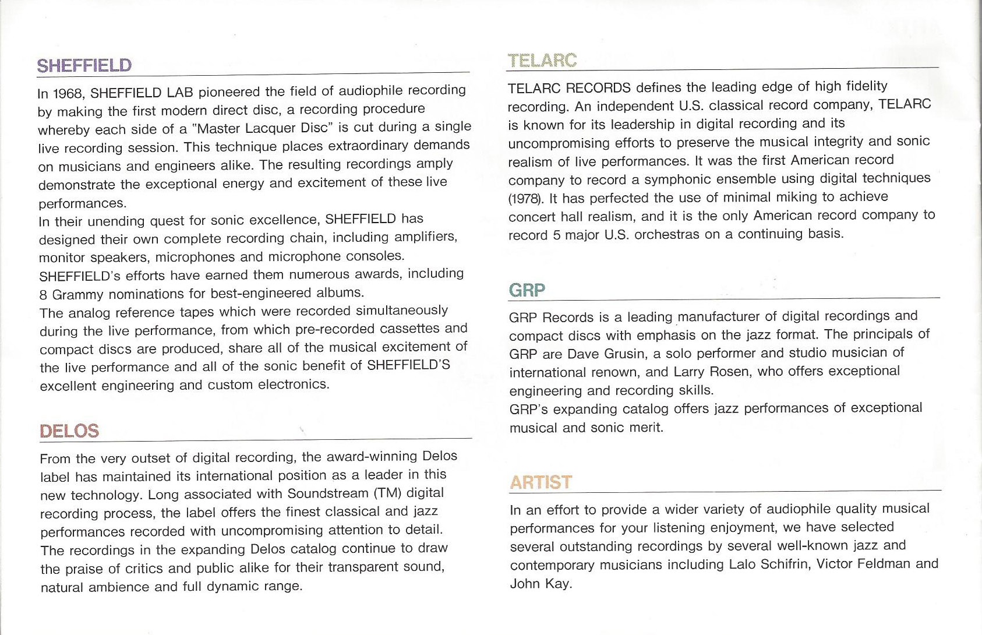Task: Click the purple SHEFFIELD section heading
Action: [84, 65]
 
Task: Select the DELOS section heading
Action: [69, 431]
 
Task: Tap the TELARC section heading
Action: [542, 61]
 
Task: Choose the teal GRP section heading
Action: [527, 290]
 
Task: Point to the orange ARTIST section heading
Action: [541, 482]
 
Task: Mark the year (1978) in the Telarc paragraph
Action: [527, 198]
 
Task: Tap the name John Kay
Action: [540, 584]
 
